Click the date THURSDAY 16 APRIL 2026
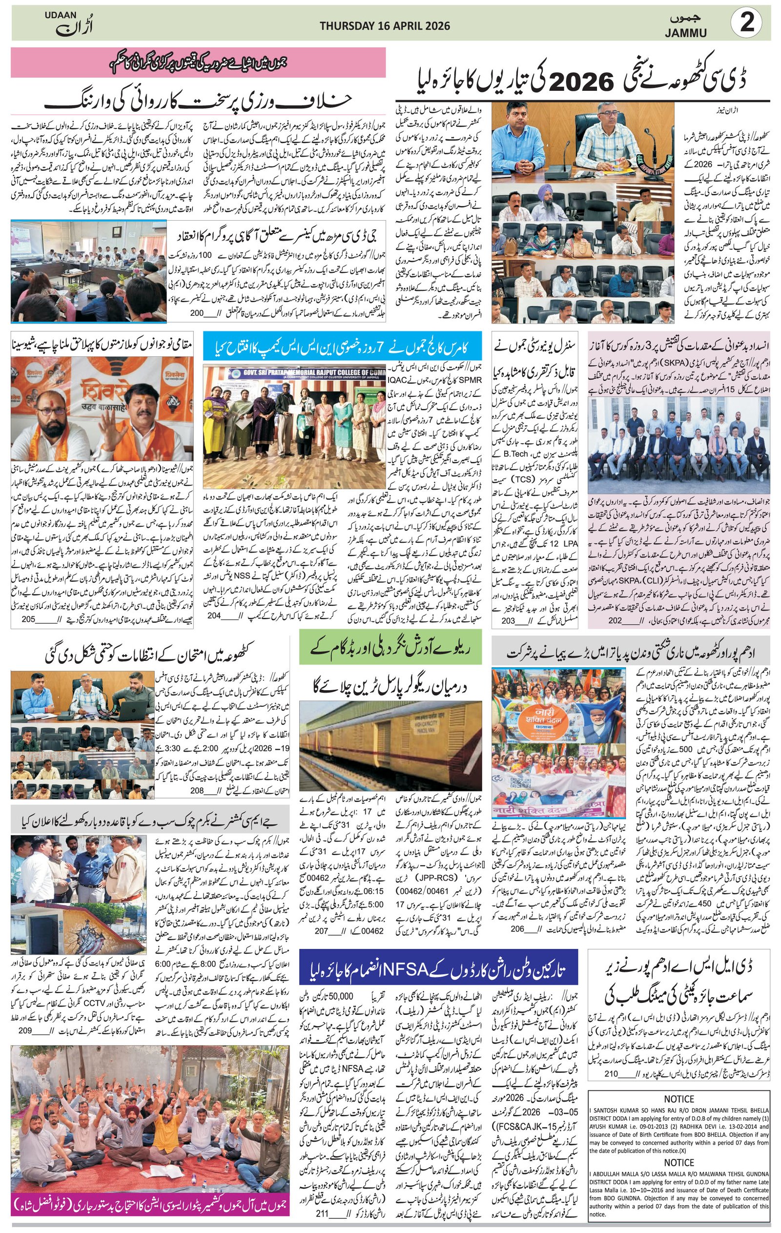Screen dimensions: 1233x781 coord(385,25)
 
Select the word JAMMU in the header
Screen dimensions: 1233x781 coord(686,33)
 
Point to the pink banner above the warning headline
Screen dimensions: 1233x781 coord(198,62)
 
